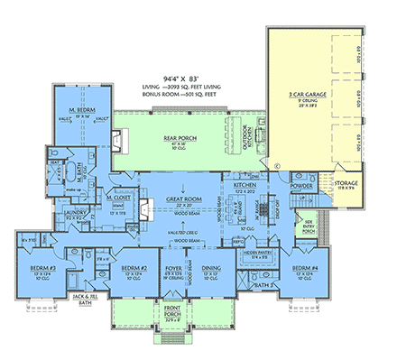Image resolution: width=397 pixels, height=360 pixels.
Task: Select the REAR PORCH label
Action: [x=180, y=138]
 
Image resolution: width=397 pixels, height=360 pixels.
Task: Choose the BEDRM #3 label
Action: [x=37, y=268]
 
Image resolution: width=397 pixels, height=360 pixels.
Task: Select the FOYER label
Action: [x=173, y=268]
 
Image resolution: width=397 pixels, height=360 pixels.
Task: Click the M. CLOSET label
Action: [x=118, y=194]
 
